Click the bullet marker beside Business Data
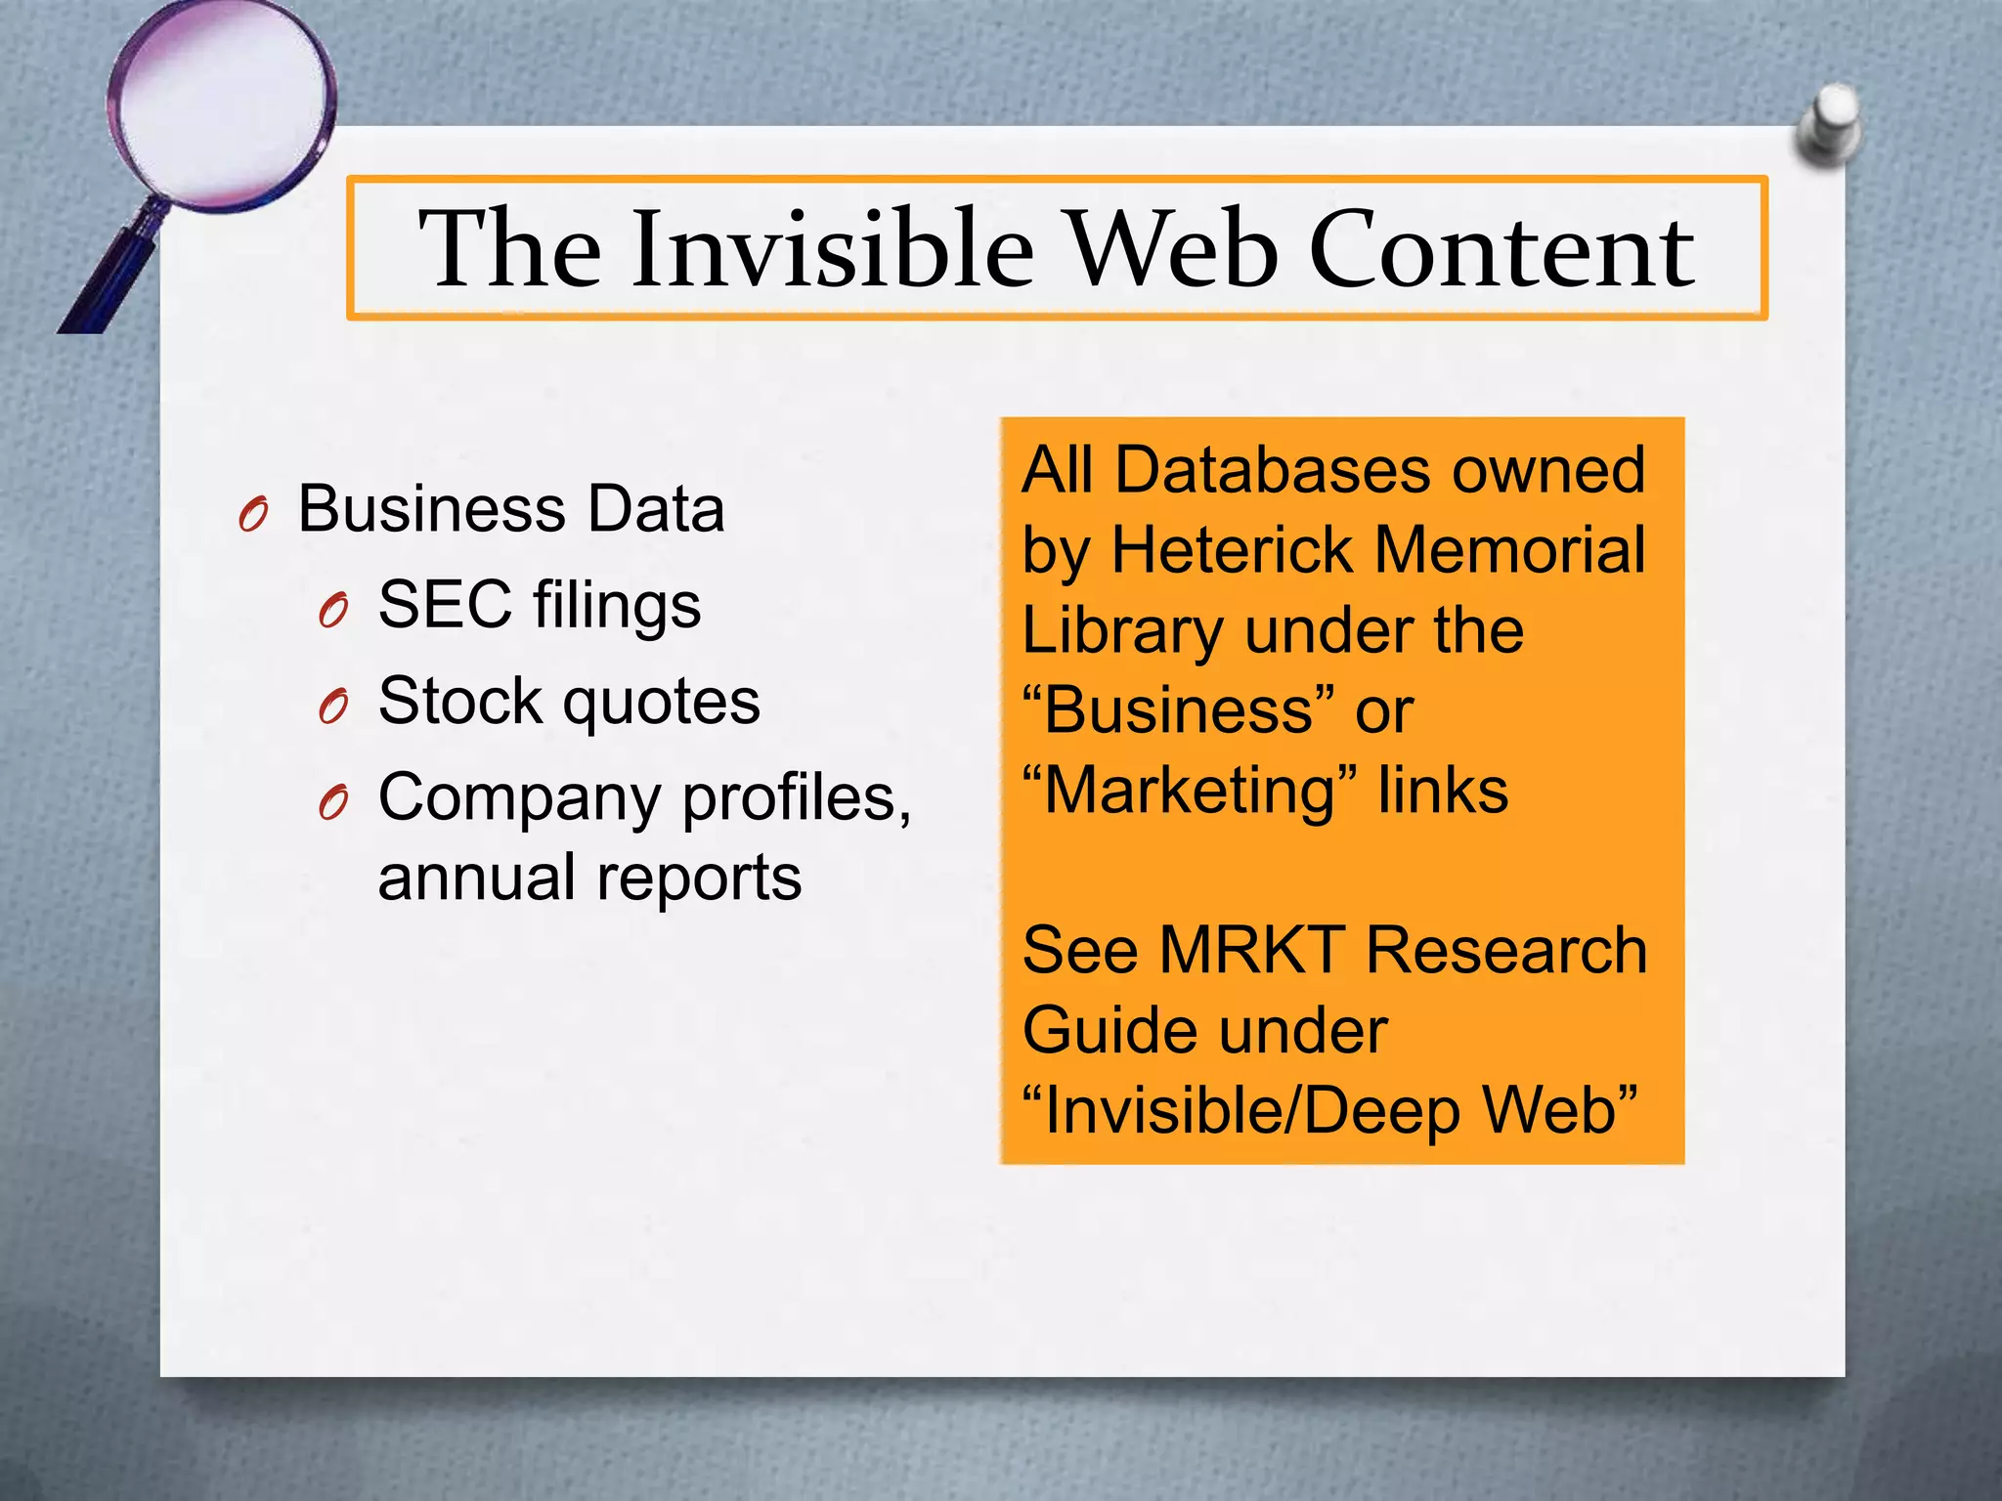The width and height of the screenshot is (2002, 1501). click(x=253, y=514)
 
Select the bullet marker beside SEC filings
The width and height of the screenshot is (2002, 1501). click(x=333, y=610)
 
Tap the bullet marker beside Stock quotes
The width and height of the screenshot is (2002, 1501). click(x=333, y=706)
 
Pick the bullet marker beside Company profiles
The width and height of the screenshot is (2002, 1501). click(x=333, y=802)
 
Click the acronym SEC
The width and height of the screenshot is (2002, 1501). click(x=445, y=604)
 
